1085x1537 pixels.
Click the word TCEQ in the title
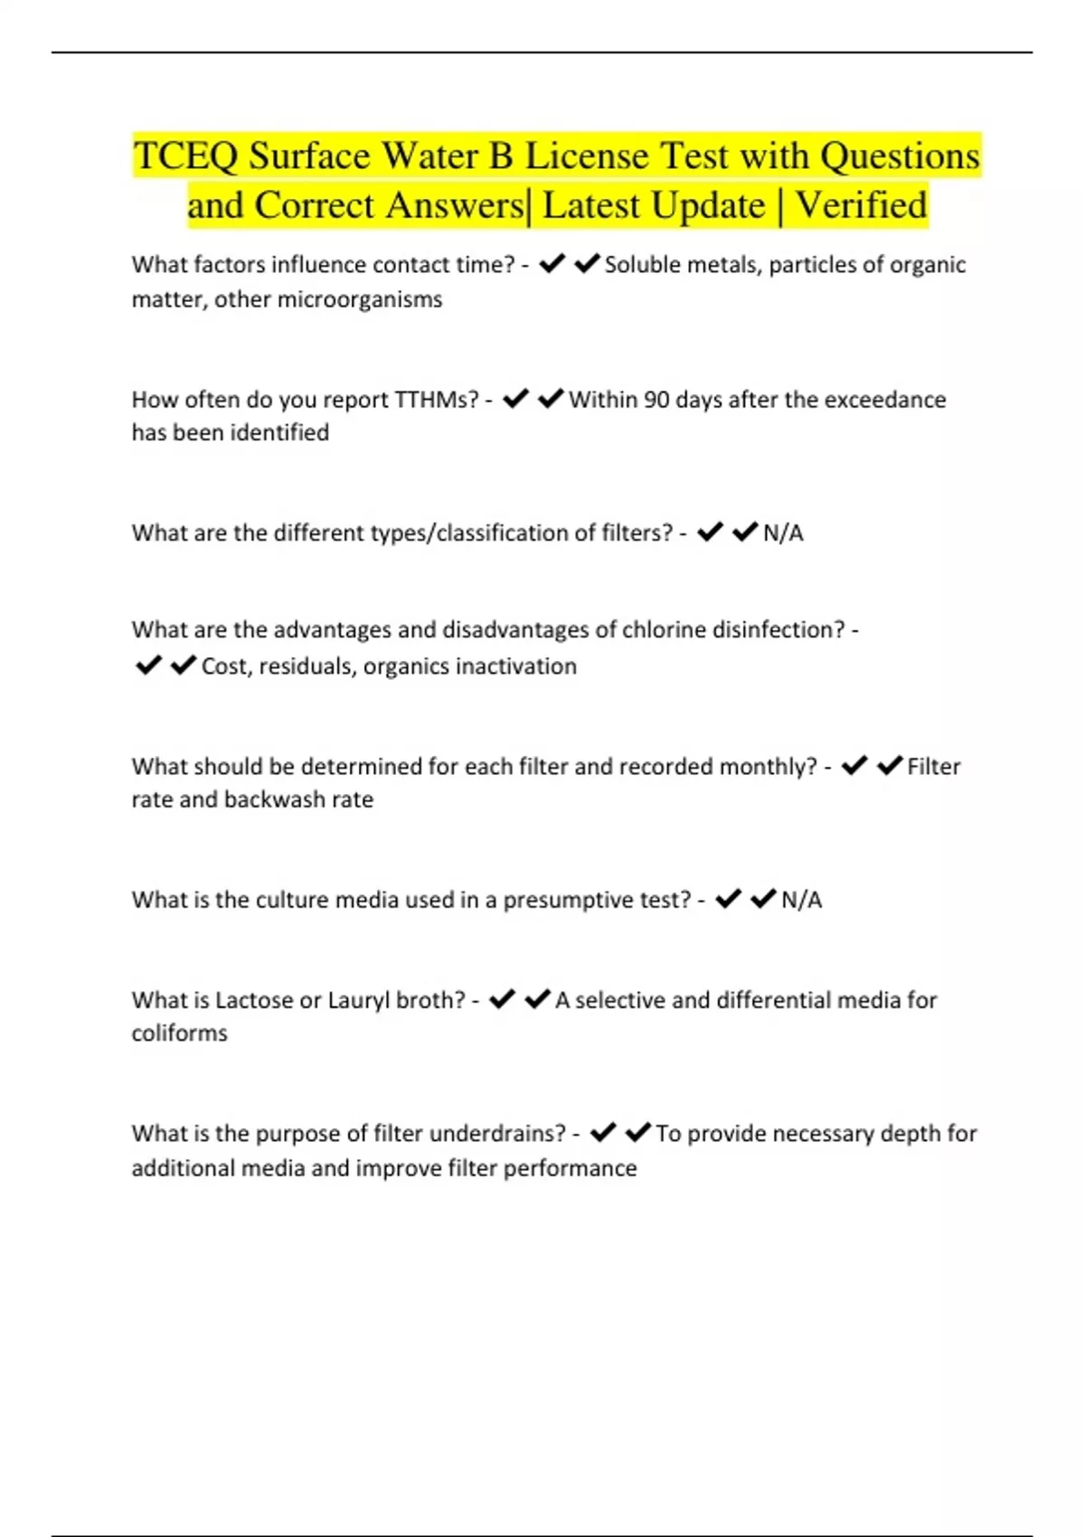[x=186, y=156]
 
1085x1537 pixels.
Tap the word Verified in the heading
[x=861, y=205]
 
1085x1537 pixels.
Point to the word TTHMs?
[x=437, y=400]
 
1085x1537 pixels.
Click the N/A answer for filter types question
[x=783, y=533]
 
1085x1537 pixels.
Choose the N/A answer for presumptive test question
[x=801, y=901]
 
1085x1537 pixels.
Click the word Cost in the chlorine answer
[x=226, y=666]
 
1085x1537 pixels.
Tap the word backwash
[x=274, y=800]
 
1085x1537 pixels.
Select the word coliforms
[x=179, y=1033]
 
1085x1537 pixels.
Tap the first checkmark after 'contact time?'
[x=552, y=264]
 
